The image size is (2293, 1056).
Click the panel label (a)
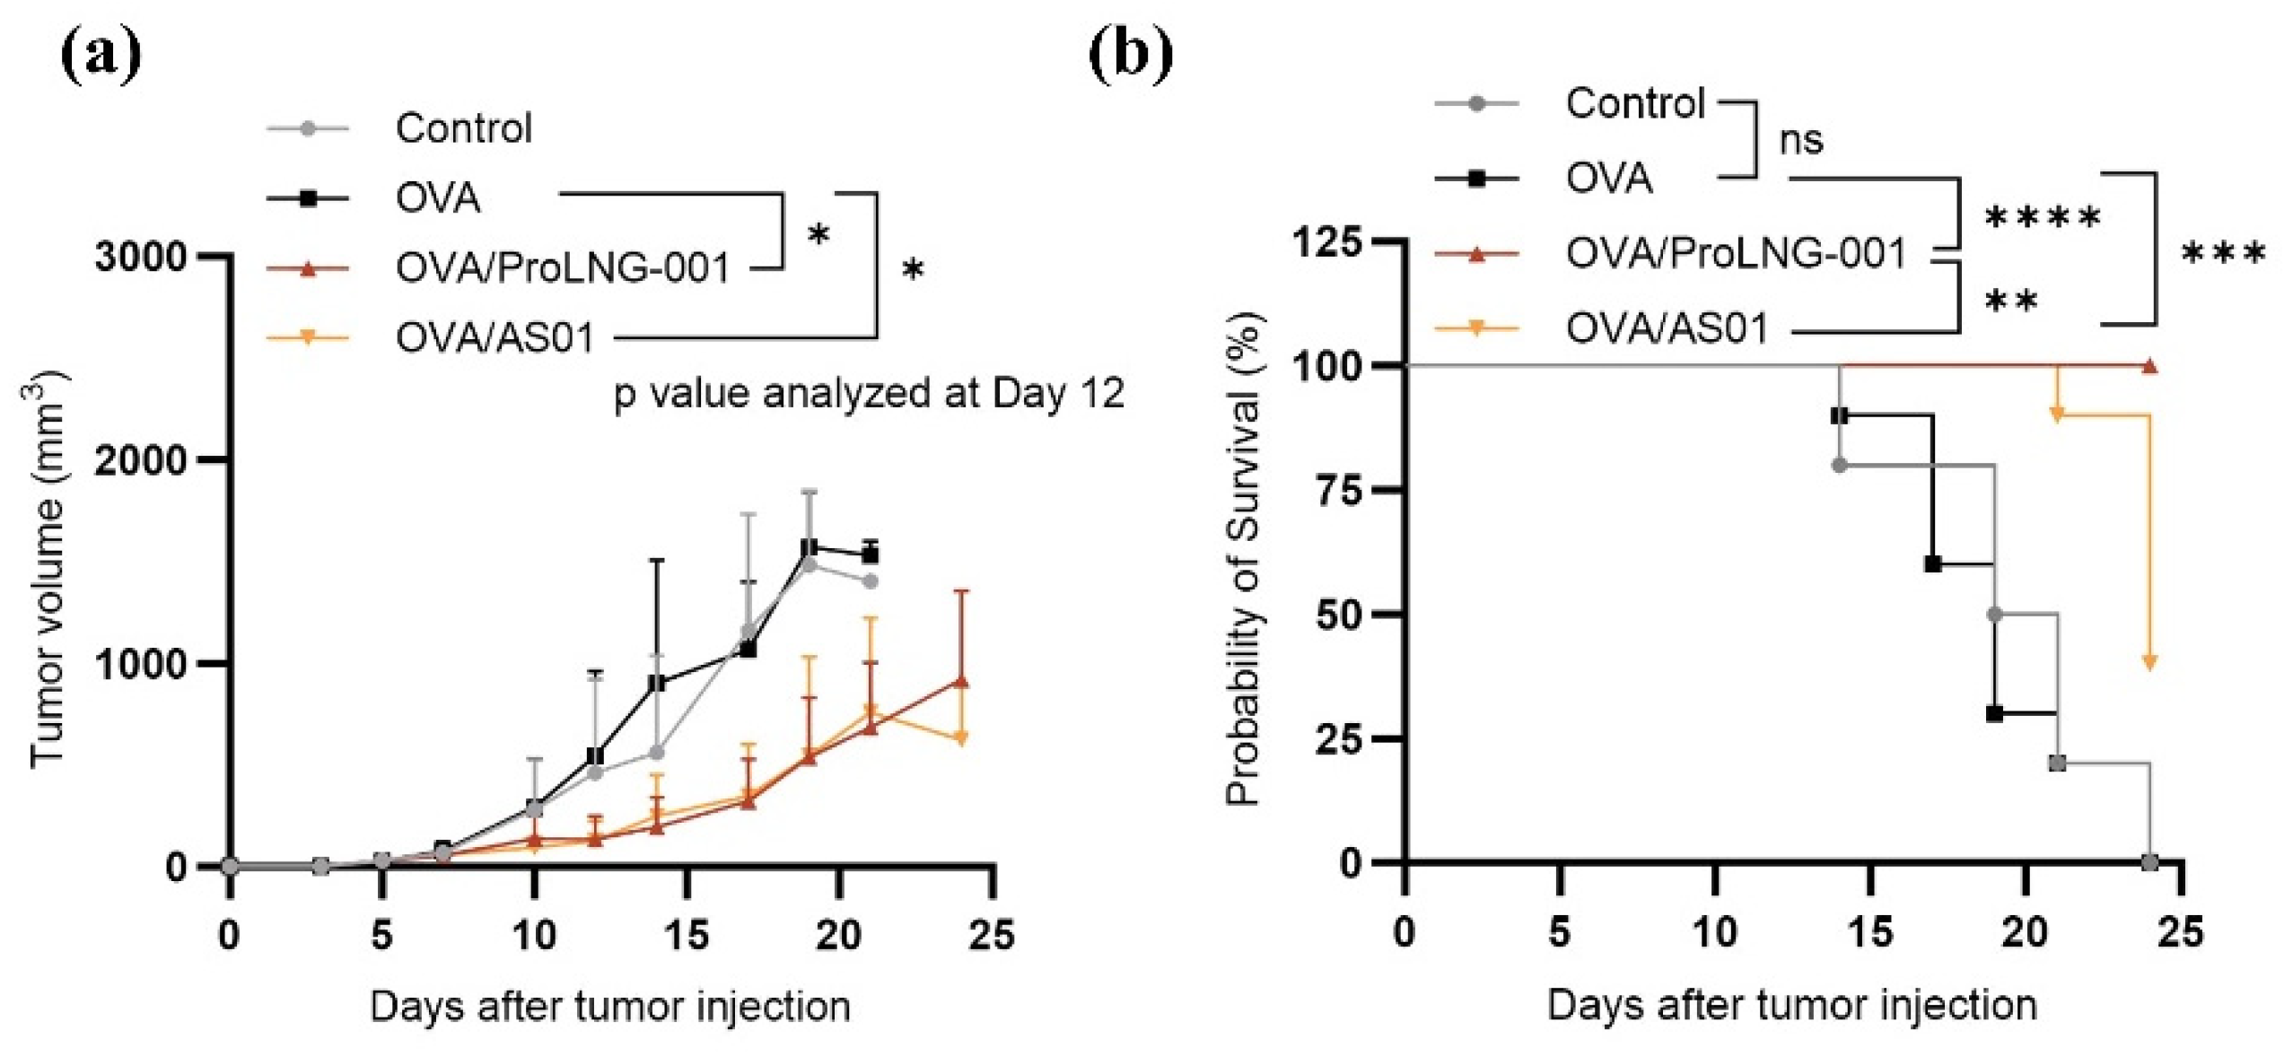[101, 54]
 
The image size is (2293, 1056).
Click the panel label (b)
[1130, 54]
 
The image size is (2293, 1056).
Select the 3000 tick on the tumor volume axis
[140, 257]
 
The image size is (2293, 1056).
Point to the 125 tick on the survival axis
[1326, 242]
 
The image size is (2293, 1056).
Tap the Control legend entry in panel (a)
[463, 128]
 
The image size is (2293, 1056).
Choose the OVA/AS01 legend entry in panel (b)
[1666, 328]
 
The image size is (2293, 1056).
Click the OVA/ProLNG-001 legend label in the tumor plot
[563, 267]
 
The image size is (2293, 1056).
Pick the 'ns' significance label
[1800, 140]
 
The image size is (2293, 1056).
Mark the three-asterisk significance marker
[2222, 255]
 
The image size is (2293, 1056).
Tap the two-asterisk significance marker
[2010, 301]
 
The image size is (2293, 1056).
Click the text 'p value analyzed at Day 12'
[868, 394]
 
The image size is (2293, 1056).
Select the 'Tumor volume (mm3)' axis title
[48, 571]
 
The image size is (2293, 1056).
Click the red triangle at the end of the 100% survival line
[2149, 366]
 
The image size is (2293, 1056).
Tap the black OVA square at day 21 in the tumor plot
[870, 554]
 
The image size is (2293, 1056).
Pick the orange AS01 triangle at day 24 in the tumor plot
[960, 738]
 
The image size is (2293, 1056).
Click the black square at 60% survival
[1932, 564]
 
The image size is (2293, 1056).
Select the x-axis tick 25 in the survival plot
[2180, 932]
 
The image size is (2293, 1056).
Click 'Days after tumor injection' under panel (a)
[610, 1006]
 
